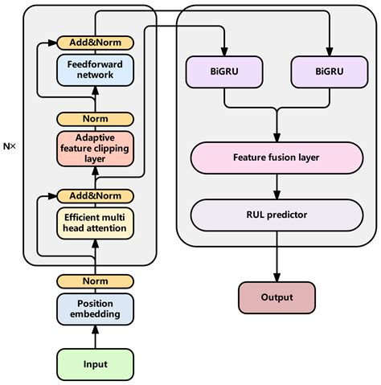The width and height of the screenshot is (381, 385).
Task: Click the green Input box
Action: [96, 363]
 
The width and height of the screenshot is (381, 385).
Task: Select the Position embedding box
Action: [96, 309]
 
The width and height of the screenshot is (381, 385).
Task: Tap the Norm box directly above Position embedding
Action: [96, 281]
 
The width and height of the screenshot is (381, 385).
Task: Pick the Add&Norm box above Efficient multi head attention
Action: [96, 195]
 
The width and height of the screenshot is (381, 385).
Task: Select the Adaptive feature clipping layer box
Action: [96, 149]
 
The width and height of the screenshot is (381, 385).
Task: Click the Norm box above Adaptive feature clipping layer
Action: [96, 119]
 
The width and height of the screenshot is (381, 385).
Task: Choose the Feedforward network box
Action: [96, 70]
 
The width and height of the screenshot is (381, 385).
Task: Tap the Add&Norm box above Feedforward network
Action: [96, 41]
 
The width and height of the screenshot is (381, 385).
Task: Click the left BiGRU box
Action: [225, 71]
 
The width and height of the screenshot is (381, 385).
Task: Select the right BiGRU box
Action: [330, 71]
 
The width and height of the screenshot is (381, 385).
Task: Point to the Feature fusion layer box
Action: [277, 158]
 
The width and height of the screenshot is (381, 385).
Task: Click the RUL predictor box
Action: [277, 215]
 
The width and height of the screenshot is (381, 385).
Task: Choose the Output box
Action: [277, 297]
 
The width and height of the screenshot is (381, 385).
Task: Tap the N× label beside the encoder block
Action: [10, 146]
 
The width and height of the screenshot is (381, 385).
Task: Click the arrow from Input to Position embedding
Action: [96, 337]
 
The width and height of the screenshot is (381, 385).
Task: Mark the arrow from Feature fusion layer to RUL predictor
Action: [277, 186]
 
